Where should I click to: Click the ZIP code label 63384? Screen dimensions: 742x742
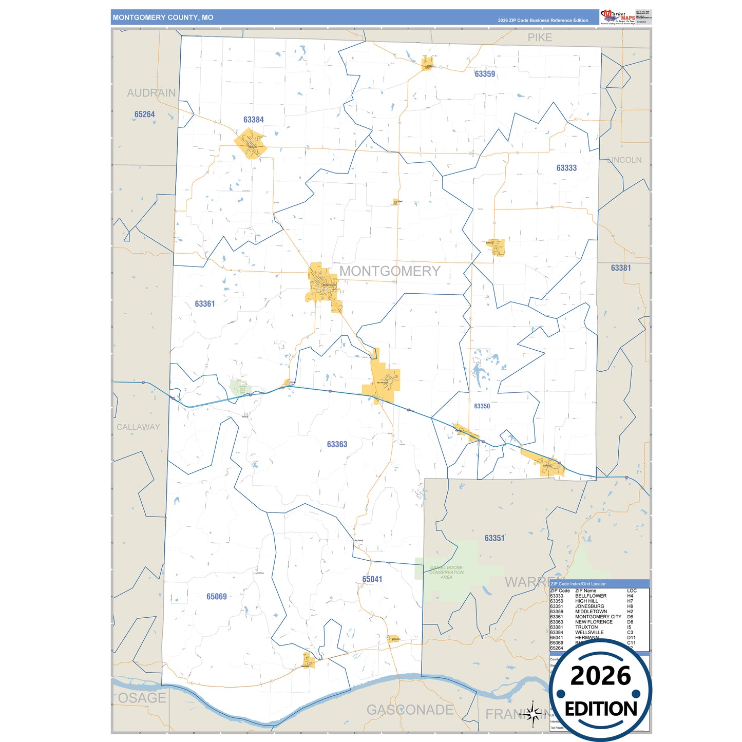tap(254, 120)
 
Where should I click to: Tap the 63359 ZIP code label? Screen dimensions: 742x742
tap(485, 74)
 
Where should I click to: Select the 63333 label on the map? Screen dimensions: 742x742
tap(566, 168)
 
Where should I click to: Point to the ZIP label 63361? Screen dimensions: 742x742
tap(205, 304)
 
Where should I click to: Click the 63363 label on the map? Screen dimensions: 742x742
tap(337, 444)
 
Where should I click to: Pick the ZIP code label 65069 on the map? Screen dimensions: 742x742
tap(217, 597)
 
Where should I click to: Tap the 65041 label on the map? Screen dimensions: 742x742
tap(372, 579)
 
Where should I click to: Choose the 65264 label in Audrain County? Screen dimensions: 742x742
tap(145, 115)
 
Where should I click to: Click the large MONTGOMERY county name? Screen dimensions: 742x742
tap(390, 271)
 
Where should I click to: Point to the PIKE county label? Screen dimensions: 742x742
tap(540, 37)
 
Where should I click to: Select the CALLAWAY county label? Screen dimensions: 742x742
tap(138, 427)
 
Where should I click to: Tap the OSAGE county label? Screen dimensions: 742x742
tap(142, 698)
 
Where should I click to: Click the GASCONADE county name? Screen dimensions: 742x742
tap(410, 710)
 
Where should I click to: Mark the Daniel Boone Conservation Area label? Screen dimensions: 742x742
tap(446, 572)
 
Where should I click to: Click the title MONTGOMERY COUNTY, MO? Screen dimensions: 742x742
tap(163, 17)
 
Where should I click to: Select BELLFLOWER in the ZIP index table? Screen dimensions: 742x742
tap(591, 596)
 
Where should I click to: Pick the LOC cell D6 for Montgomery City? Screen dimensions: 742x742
tap(630, 617)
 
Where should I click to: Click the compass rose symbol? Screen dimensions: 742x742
tap(533, 714)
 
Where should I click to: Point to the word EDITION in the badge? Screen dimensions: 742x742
tap(601, 709)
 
